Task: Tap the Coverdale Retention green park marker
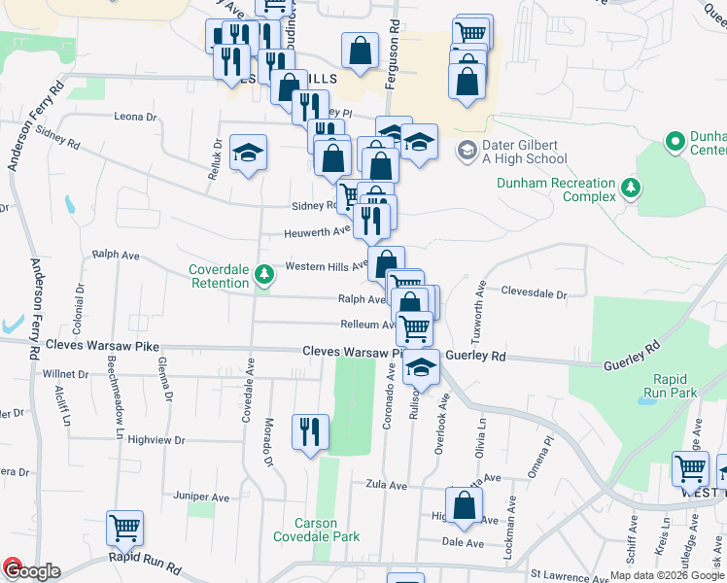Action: pyautogui.click(x=263, y=277)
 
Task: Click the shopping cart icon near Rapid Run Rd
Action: pyautogui.click(x=125, y=528)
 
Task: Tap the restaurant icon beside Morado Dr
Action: pyautogui.click(x=310, y=432)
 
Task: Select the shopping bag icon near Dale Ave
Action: pyautogui.click(x=465, y=504)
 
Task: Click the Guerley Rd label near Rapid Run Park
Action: pyautogui.click(x=631, y=364)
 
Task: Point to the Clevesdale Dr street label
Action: pyautogui.click(x=534, y=291)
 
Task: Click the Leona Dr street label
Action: pyautogui.click(x=135, y=117)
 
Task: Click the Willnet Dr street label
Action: pyautogui.click(x=65, y=373)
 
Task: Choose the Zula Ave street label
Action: pyautogui.click(x=385, y=483)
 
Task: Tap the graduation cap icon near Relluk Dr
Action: pyautogui.click(x=249, y=152)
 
